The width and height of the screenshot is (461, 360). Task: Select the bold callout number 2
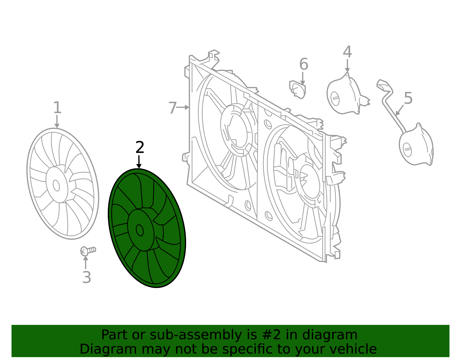click(140, 147)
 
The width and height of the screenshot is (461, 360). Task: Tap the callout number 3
click(87, 277)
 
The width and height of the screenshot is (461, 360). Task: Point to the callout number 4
click(347, 52)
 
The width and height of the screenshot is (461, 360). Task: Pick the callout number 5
click(408, 98)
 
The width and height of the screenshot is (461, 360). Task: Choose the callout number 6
click(304, 64)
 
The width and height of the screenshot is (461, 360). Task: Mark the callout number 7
click(173, 108)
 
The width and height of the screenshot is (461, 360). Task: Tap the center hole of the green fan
click(139, 230)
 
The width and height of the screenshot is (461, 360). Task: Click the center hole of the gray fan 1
click(56, 185)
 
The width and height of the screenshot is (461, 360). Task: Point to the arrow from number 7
click(183, 107)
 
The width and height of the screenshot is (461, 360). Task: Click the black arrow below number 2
click(139, 162)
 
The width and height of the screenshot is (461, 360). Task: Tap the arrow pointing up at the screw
click(86, 262)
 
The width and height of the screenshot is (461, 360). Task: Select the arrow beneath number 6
click(303, 78)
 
